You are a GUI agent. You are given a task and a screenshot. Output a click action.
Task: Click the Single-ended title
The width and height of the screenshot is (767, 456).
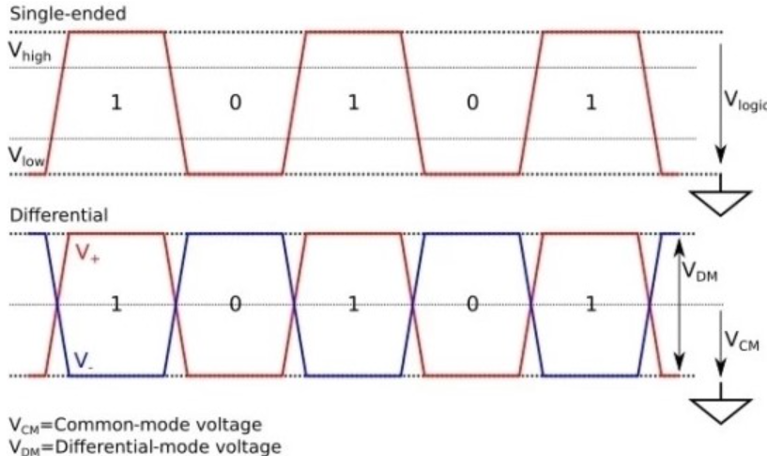click(x=69, y=14)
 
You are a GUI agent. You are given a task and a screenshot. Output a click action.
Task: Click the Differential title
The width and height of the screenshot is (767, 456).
click(x=59, y=215)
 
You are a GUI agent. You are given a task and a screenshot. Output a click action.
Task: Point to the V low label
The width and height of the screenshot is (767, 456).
click(x=27, y=157)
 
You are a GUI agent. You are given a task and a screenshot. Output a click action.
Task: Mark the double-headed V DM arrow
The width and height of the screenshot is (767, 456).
click(x=678, y=304)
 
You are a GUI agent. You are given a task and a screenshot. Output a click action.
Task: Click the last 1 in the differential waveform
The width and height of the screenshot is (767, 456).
click(x=591, y=304)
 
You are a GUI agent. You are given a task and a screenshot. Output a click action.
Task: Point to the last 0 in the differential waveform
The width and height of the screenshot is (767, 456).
click(x=472, y=304)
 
